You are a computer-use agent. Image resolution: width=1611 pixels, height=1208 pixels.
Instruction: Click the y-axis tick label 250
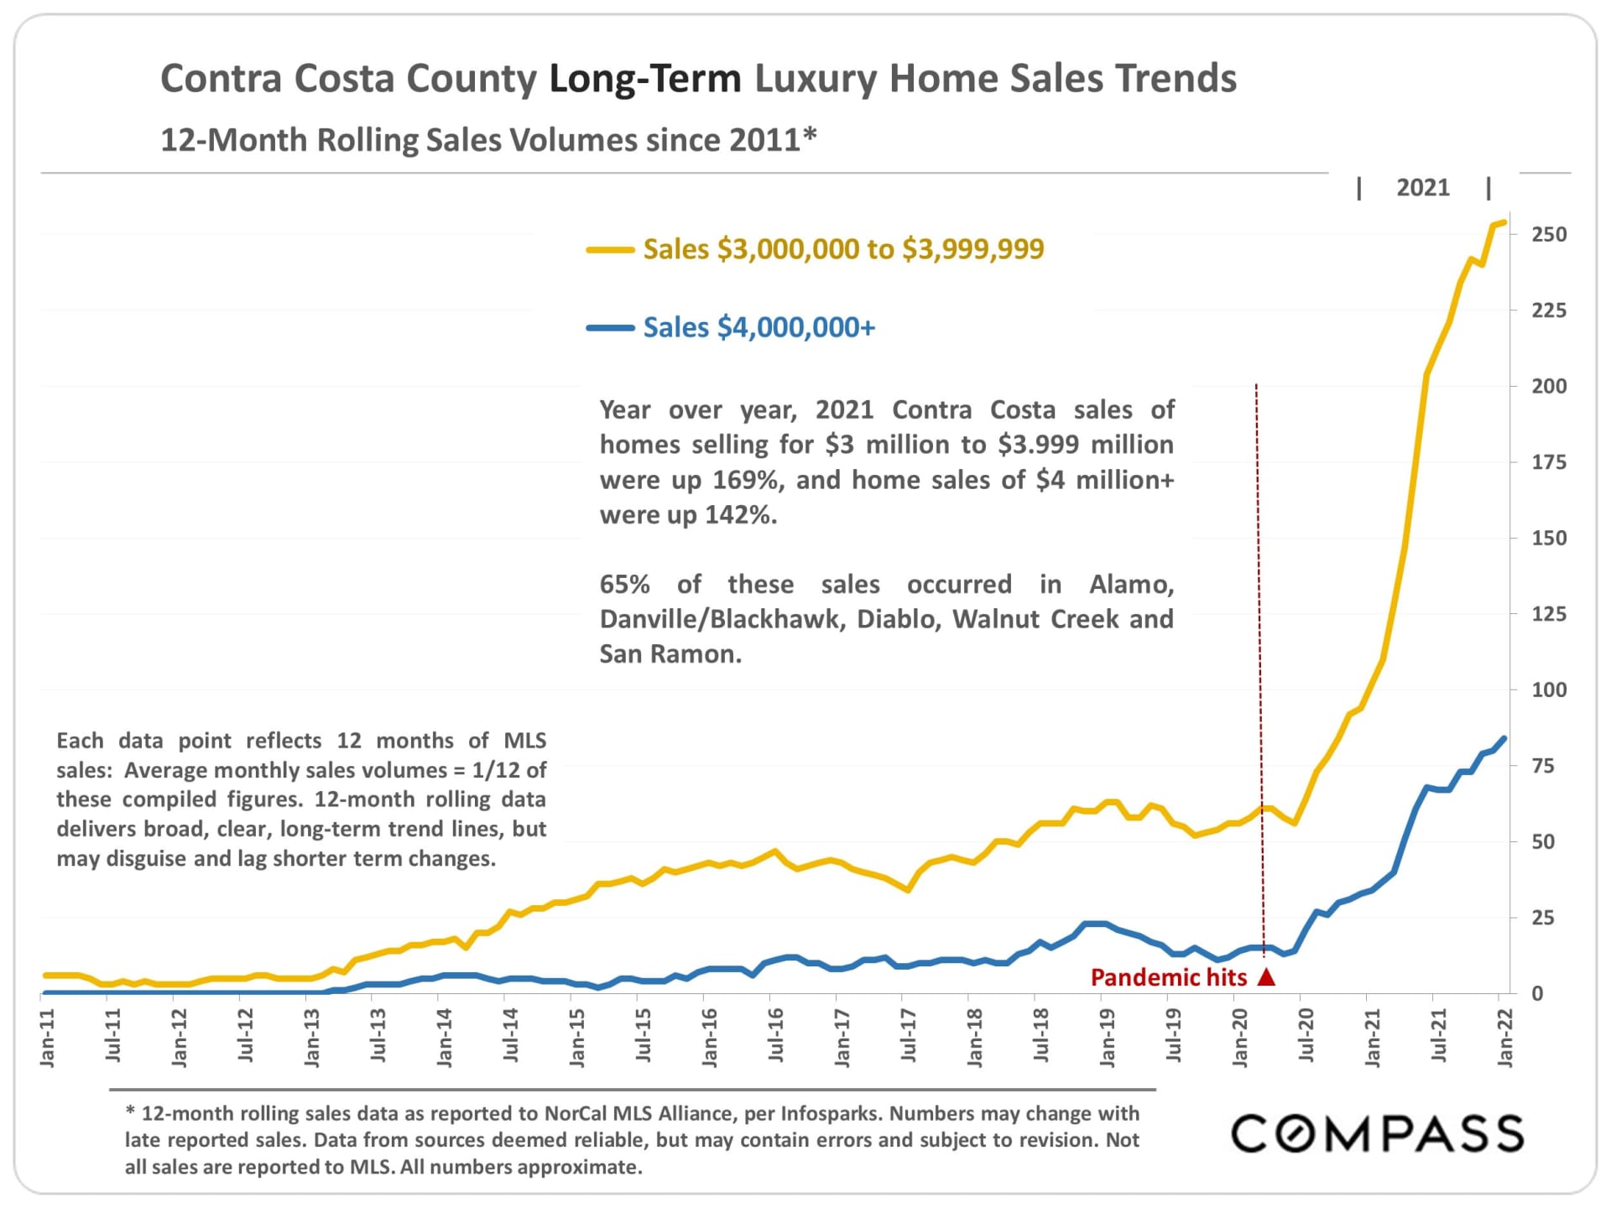tap(1549, 235)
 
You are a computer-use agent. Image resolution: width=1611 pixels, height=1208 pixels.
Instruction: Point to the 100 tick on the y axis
tap(1549, 690)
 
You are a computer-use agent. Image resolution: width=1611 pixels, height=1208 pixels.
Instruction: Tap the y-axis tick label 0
tap(1537, 994)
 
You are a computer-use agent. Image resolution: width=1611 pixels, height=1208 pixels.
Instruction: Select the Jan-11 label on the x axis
tap(48, 1038)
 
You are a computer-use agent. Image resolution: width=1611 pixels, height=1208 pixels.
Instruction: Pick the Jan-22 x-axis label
tap(1505, 1038)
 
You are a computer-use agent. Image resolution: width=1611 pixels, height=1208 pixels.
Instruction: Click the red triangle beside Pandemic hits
tap(1266, 977)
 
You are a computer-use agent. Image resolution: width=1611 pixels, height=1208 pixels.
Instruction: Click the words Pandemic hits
tap(1168, 977)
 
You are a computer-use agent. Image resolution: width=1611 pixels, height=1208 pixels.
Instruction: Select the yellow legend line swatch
tap(610, 249)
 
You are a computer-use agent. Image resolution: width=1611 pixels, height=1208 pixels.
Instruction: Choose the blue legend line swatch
tap(610, 327)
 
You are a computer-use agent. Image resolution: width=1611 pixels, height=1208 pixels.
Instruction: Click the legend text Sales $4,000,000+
tap(759, 327)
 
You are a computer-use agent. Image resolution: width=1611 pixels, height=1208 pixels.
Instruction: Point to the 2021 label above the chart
tap(1422, 188)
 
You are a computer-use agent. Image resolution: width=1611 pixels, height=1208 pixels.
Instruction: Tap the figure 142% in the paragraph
tap(738, 515)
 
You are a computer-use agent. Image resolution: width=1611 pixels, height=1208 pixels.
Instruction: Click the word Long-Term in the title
tap(644, 79)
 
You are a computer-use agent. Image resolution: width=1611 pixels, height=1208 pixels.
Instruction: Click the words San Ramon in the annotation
tap(670, 654)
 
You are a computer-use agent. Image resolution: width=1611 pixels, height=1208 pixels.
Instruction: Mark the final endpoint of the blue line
tap(1504, 738)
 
